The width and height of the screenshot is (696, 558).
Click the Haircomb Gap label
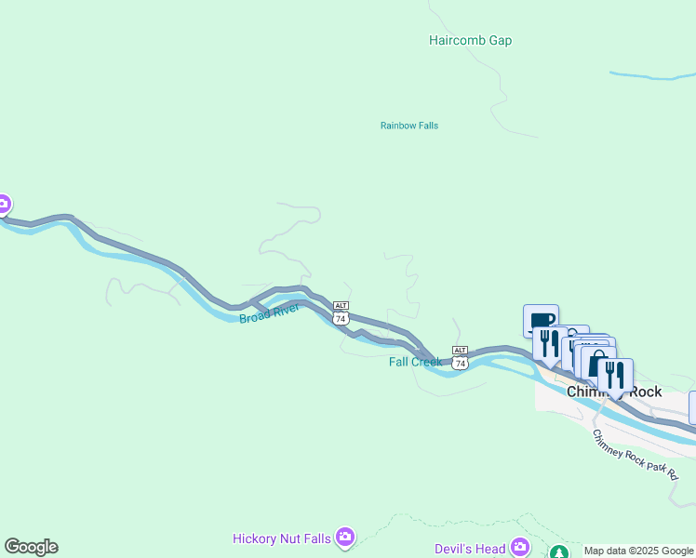[470, 41]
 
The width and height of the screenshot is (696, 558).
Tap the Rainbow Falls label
[408, 126]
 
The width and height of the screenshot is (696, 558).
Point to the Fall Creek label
[415, 362]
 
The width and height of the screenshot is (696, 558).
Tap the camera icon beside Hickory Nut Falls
[346, 537]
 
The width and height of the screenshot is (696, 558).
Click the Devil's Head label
[470, 549]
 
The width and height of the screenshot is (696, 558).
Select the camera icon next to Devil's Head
[520, 548]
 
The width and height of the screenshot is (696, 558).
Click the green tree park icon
[558, 552]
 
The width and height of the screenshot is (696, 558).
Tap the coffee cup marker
[541, 322]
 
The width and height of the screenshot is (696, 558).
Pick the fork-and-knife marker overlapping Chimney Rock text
[615, 375]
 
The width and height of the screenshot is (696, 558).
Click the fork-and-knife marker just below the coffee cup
[549, 344]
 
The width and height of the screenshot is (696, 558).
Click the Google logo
[31, 547]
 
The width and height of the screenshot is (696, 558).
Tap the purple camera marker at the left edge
[3, 204]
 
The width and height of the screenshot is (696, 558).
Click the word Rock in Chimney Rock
[646, 392]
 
